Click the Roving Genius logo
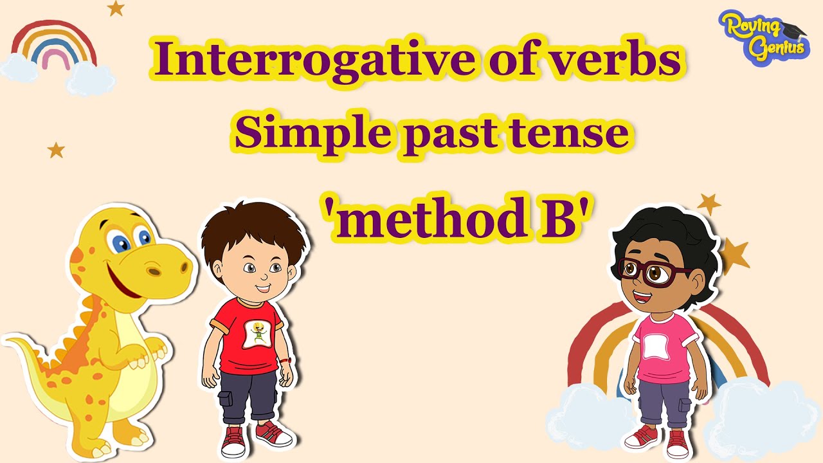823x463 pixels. coord(764,35)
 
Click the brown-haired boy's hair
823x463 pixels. coord(254,228)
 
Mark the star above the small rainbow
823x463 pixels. coord(115,8)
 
